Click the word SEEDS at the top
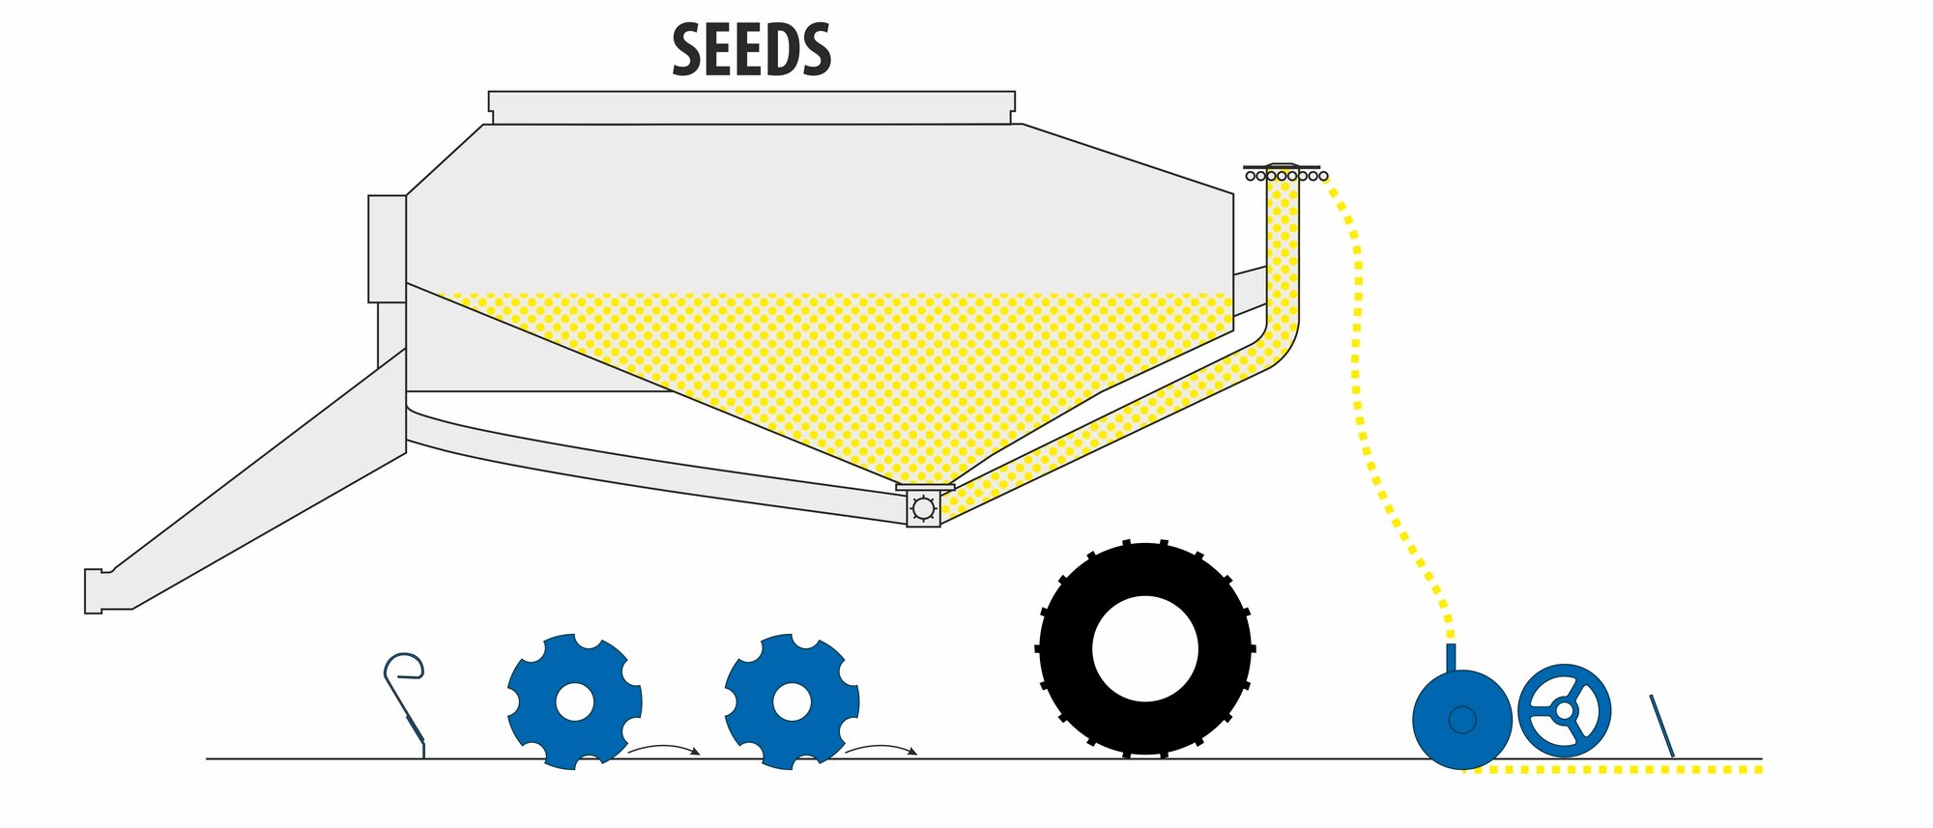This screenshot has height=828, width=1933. point(751,50)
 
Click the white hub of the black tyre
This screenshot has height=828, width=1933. point(1145,648)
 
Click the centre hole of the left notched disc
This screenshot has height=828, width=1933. point(575,702)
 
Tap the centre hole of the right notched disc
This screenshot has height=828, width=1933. point(792,702)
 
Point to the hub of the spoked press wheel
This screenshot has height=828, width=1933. point(1564,710)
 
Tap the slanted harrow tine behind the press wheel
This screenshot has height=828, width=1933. point(1661,726)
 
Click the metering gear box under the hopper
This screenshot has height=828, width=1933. point(923,508)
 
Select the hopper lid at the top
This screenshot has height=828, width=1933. point(751,106)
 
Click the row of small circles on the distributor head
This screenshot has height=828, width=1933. point(1286,176)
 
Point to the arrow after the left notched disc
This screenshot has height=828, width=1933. point(664,748)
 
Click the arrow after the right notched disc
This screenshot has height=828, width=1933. point(881,748)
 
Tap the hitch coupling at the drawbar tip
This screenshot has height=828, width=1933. point(94,590)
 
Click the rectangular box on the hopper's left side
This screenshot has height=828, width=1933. point(387,248)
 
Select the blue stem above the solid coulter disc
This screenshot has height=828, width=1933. point(1450,657)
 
